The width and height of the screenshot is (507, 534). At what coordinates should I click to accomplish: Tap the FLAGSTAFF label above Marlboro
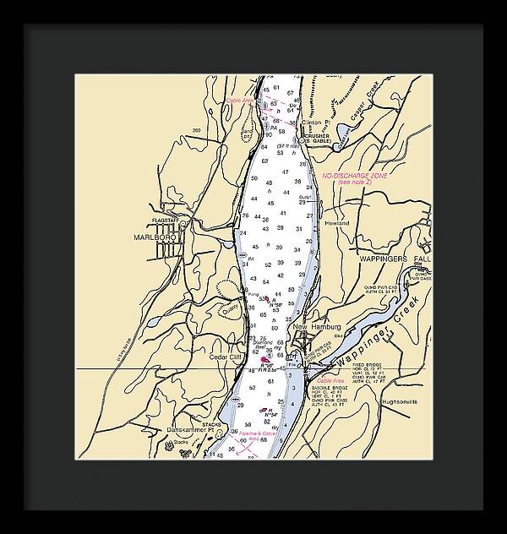click(166, 221)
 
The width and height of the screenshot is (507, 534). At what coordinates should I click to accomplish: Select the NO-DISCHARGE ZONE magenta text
click(354, 176)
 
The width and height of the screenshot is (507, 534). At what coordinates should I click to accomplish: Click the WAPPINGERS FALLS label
click(396, 259)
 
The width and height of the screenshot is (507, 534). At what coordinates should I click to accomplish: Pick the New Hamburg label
click(317, 326)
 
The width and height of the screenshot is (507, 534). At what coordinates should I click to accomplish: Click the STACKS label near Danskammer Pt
click(211, 424)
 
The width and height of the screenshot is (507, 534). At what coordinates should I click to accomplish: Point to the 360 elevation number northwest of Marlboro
click(197, 130)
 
